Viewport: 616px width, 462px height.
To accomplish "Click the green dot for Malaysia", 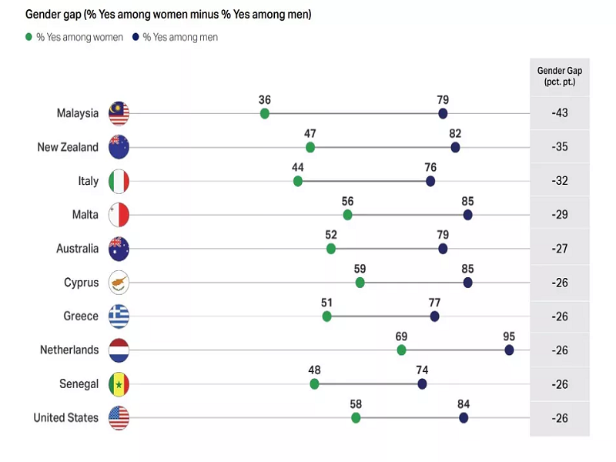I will pos(265,114).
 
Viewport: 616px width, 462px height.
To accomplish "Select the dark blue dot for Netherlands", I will pos(509,350).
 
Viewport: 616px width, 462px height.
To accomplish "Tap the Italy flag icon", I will pos(119,181).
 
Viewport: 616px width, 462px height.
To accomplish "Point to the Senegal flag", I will pos(119,383).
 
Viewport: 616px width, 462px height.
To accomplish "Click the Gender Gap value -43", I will pos(560,113).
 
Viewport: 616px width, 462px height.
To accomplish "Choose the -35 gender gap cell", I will pos(560,147).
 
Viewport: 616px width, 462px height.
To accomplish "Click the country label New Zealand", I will pos(68,147).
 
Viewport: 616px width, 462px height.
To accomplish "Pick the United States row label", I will pos(65,417).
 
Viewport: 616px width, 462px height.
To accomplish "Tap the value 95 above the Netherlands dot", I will pos(508,336).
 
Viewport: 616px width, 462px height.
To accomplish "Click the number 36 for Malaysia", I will pos(265,100).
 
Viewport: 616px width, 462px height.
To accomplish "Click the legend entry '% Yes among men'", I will pos(180,37).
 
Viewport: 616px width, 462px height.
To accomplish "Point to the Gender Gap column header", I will pos(560,75).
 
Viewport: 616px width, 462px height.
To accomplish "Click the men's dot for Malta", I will pos(467,215).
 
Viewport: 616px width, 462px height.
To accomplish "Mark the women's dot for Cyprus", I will pos(360,283).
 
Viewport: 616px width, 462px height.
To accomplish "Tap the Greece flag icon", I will pos(119,316).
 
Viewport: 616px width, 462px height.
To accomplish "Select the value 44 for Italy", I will pos(298,168).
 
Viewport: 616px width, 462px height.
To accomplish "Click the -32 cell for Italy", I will pos(560,181).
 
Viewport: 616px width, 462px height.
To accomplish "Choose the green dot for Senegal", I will pos(314,383).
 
